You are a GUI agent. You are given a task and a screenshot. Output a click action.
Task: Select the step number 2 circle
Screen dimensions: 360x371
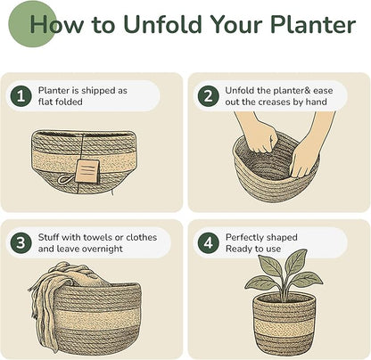tap(208, 96)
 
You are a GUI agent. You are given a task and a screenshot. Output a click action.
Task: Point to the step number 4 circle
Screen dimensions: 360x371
tap(208, 243)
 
